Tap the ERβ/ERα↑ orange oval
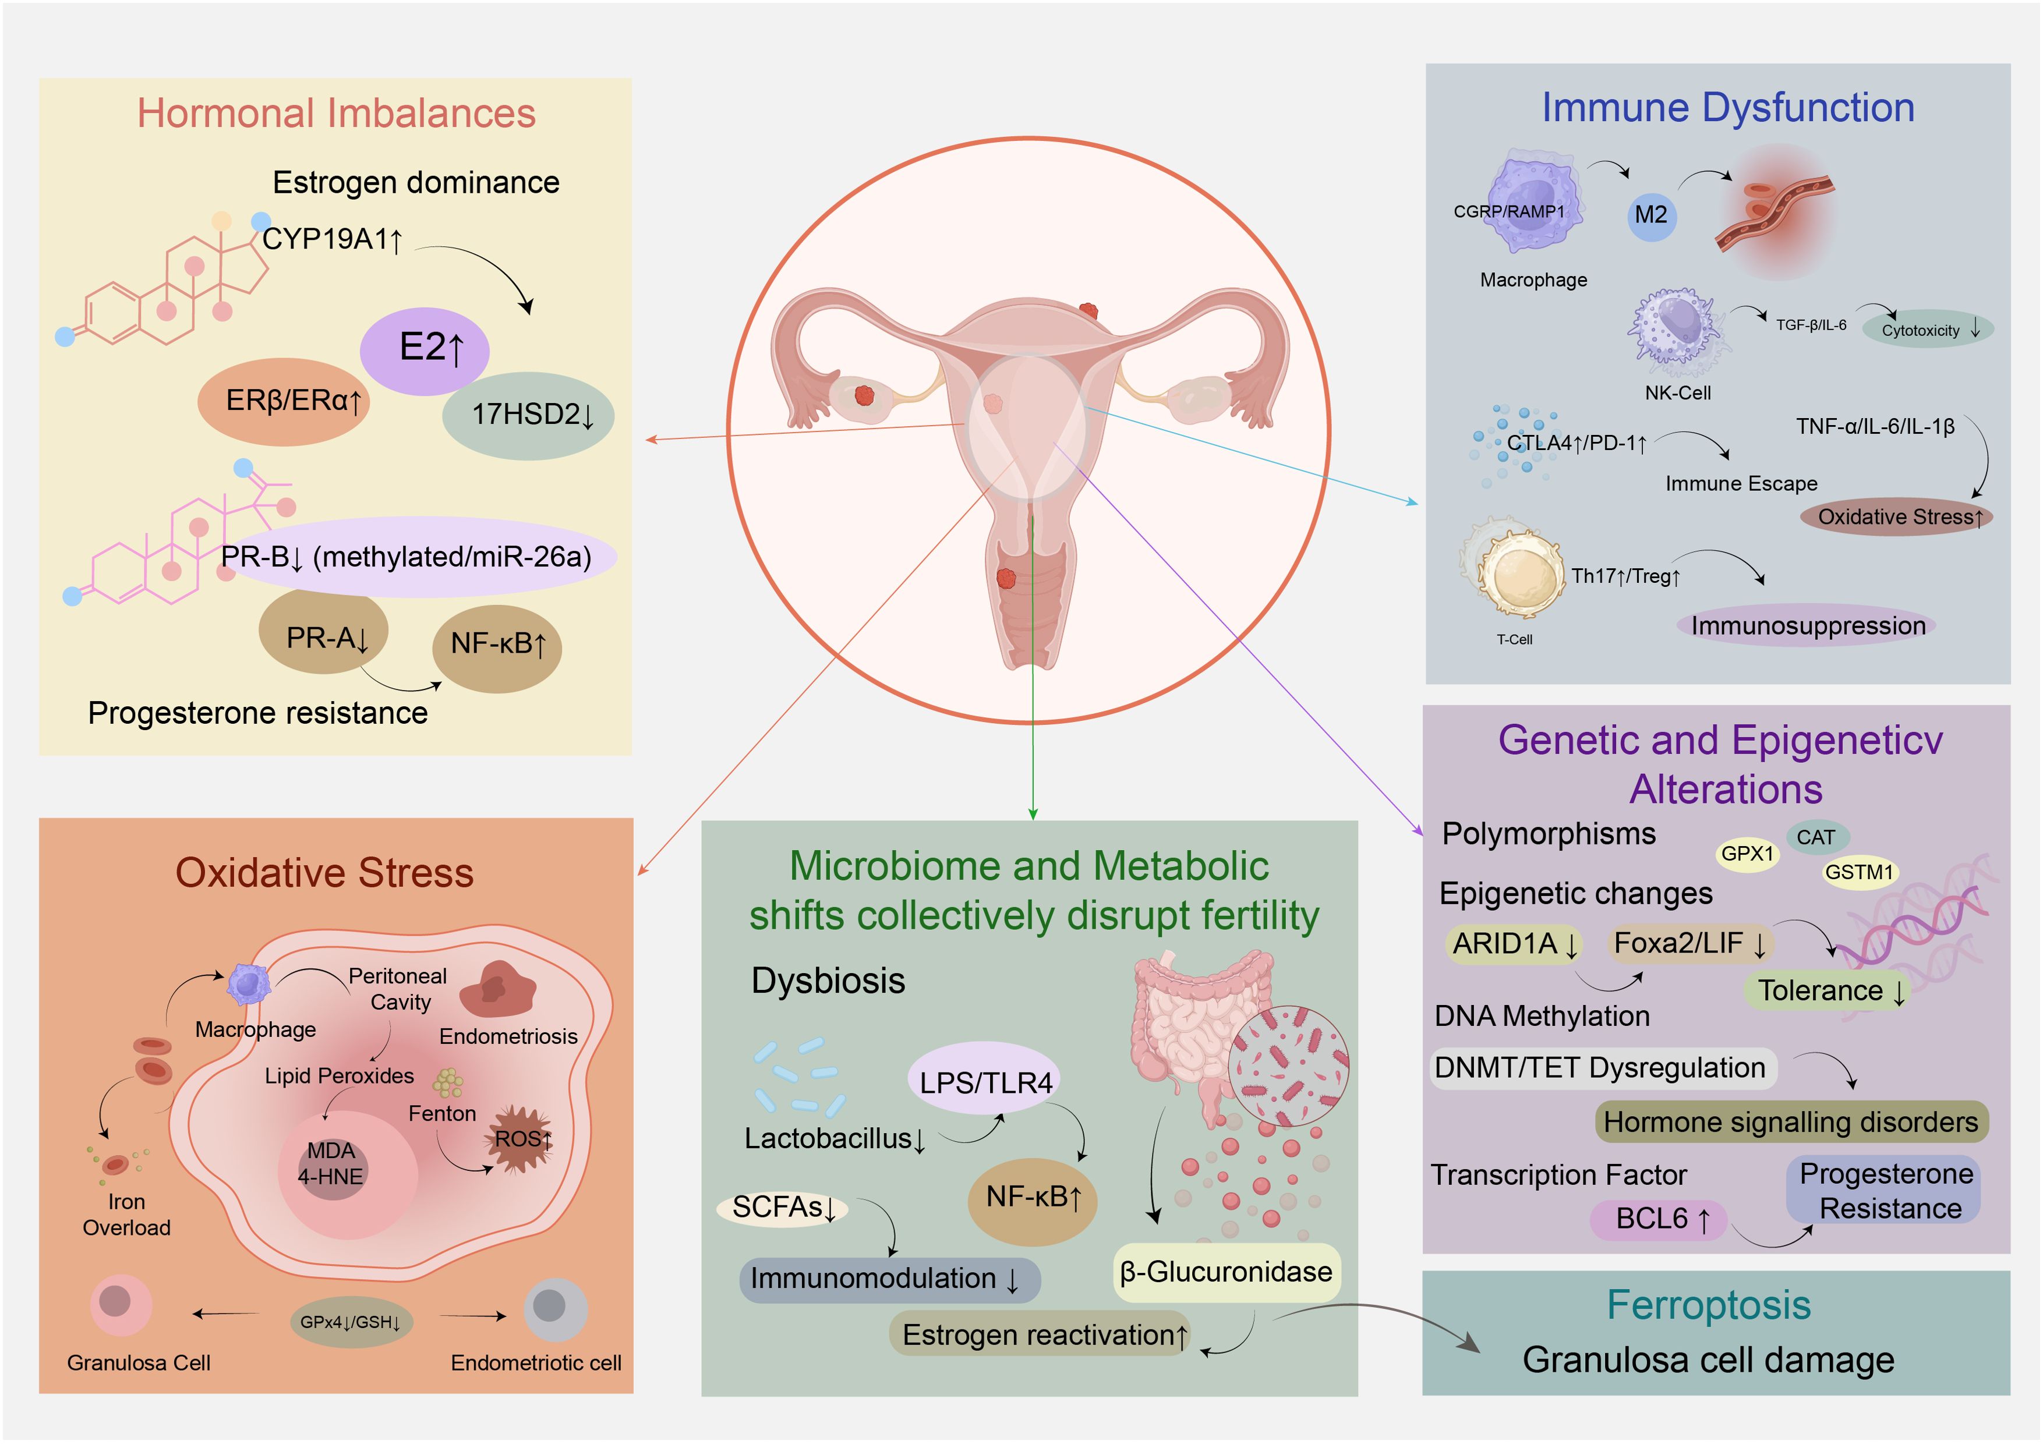[x=284, y=401]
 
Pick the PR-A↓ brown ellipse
[x=323, y=633]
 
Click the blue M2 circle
[x=1652, y=215]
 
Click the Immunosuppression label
[x=1807, y=627]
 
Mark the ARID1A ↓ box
[x=1514, y=944]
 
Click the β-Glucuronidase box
[x=1226, y=1272]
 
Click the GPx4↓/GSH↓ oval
[x=351, y=1322]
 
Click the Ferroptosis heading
[x=1709, y=1305]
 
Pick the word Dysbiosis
[x=828, y=981]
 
